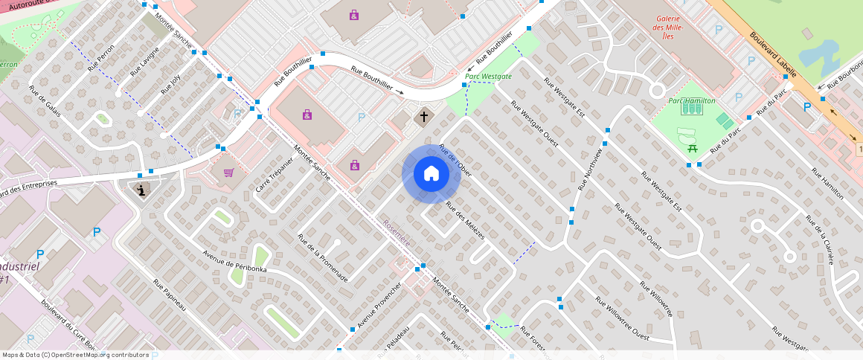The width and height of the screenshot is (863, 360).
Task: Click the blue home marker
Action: tap(431, 174)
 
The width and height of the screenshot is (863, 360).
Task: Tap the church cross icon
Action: tap(424, 116)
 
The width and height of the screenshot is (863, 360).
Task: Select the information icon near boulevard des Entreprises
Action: tap(141, 190)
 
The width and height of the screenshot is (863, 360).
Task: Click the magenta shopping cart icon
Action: tap(228, 173)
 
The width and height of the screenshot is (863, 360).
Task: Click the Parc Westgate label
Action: tap(488, 77)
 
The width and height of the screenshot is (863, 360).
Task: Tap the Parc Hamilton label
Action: tap(691, 100)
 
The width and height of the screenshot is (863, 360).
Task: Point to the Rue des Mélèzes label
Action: tap(464, 219)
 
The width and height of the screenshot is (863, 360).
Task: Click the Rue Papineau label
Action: tap(170, 295)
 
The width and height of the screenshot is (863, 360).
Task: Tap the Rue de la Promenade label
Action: tap(322, 258)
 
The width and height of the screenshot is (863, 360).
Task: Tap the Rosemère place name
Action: tap(396, 233)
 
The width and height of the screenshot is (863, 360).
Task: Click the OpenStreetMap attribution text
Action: tap(76, 355)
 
